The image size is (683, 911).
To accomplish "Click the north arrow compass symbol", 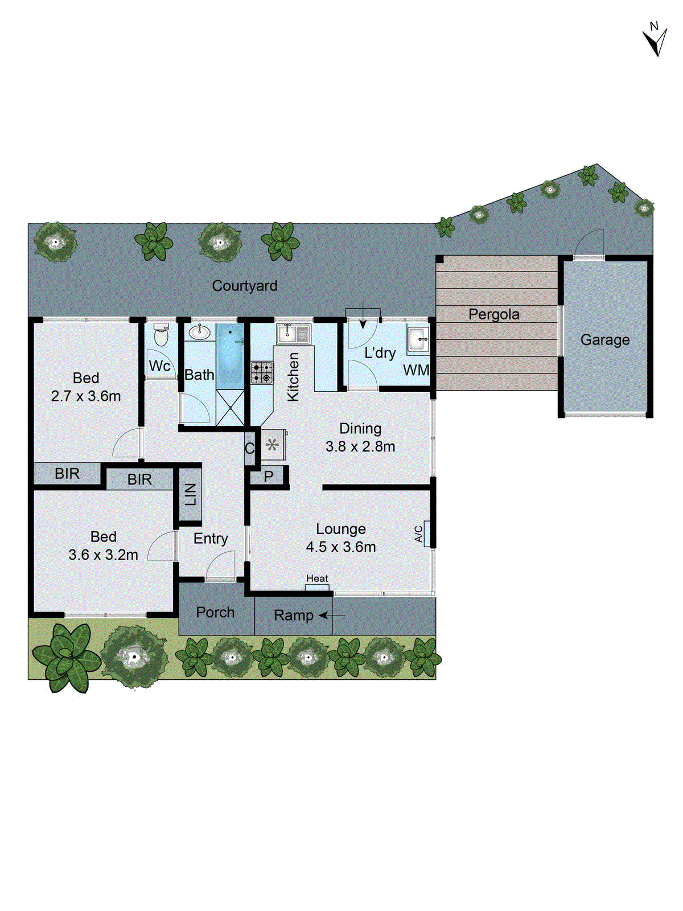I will click(655, 40).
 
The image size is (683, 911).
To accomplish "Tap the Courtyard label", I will click(245, 286).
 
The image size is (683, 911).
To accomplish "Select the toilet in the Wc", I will click(161, 336).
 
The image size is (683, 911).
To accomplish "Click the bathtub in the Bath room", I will click(231, 354).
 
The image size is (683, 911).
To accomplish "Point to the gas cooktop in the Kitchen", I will click(262, 372).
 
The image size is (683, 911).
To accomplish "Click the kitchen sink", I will click(293, 333).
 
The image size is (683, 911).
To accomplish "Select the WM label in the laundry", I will click(416, 370).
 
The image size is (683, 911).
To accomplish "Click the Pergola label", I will click(494, 314).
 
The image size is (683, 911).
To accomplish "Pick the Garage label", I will click(605, 340).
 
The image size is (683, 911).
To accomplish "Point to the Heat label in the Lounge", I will click(317, 578).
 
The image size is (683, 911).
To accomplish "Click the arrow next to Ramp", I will click(332, 615).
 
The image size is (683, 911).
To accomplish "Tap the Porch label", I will click(215, 613).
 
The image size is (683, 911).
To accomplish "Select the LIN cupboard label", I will click(191, 494).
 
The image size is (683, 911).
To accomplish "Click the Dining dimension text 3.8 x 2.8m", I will click(360, 447).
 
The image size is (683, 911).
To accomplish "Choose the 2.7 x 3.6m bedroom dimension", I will click(86, 396).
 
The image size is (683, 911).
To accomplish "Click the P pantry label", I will click(269, 476).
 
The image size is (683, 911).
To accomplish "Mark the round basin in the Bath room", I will click(199, 332).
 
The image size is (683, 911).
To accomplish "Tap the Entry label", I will click(211, 539).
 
